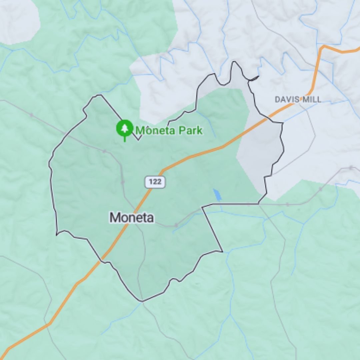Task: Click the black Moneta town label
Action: tap(132, 218)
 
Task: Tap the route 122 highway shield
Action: tap(155, 182)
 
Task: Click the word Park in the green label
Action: tap(190, 130)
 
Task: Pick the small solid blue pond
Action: tap(217, 195)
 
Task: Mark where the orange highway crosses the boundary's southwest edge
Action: tap(102, 259)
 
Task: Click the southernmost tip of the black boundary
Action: tap(142, 301)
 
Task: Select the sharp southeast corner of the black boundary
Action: tap(222, 251)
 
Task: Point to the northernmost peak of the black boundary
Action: tap(234, 62)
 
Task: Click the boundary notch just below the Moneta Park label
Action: tap(139, 140)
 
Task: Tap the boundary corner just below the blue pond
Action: tap(202, 207)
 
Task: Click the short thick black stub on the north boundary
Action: tap(254, 78)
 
